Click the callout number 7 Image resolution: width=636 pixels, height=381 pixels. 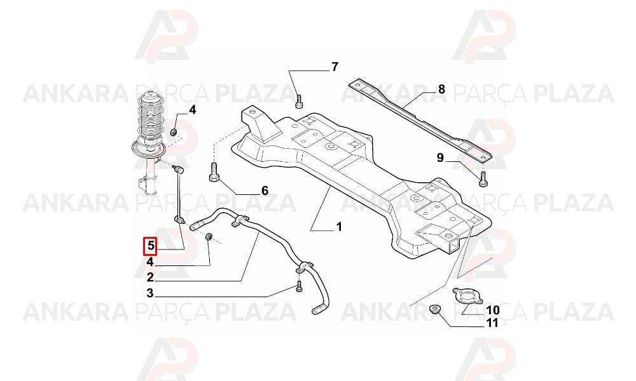tap(335, 67)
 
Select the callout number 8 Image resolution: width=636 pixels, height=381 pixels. tap(441, 89)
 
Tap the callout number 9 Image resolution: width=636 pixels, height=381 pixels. tap(441, 157)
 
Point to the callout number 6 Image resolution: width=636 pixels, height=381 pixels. tap(265, 190)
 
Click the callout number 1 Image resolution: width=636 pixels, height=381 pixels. tap(339, 227)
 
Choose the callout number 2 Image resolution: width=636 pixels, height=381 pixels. tap(151, 277)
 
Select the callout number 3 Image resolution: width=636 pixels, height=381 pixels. tap(151, 293)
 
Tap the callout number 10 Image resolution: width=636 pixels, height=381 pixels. tap(493, 311)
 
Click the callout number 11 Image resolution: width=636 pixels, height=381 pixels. tap(492, 323)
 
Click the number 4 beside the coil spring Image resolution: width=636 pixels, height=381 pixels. tap(192, 110)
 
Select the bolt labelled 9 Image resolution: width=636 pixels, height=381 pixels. tap(483, 179)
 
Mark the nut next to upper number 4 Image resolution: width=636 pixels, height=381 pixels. tap(174, 132)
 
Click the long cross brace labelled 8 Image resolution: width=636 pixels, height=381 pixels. tap(420, 120)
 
